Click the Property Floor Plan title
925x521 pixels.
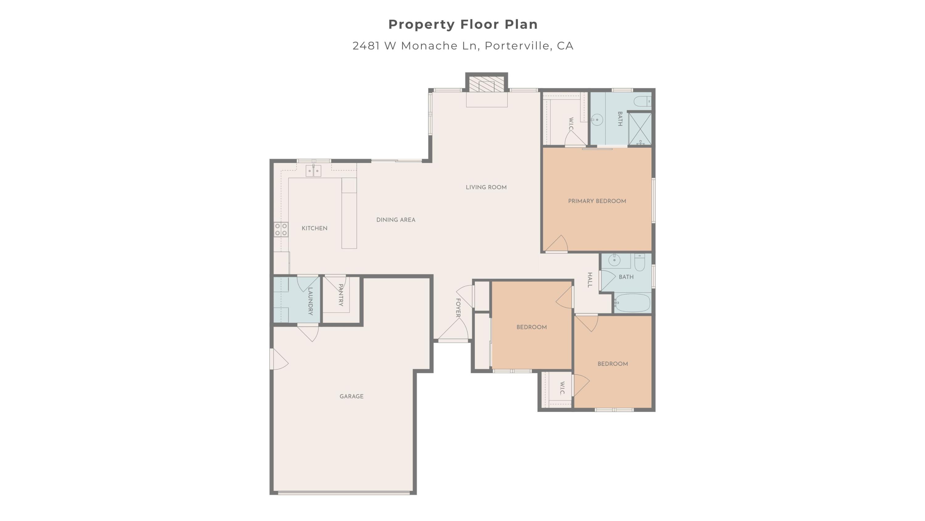click(463, 24)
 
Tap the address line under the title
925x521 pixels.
click(463, 46)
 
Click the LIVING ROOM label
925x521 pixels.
click(486, 187)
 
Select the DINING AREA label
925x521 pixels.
click(396, 220)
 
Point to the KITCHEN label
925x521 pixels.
click(314, 228)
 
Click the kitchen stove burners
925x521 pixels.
click(281, 229)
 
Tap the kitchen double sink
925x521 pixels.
click(313, 171)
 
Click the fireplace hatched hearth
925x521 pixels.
click(487, 86)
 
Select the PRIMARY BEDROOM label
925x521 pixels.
click(597, 201)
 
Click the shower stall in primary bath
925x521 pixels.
click(640, 129)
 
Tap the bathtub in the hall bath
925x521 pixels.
click(632, 303)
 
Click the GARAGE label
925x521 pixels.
click(351, 396)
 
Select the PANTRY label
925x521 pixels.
click(341, 295)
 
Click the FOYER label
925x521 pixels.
click(458, 308)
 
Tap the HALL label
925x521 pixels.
click(590, 280)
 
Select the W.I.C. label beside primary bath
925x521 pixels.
click(571, 124)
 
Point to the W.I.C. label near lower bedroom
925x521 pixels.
click(562, 388)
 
